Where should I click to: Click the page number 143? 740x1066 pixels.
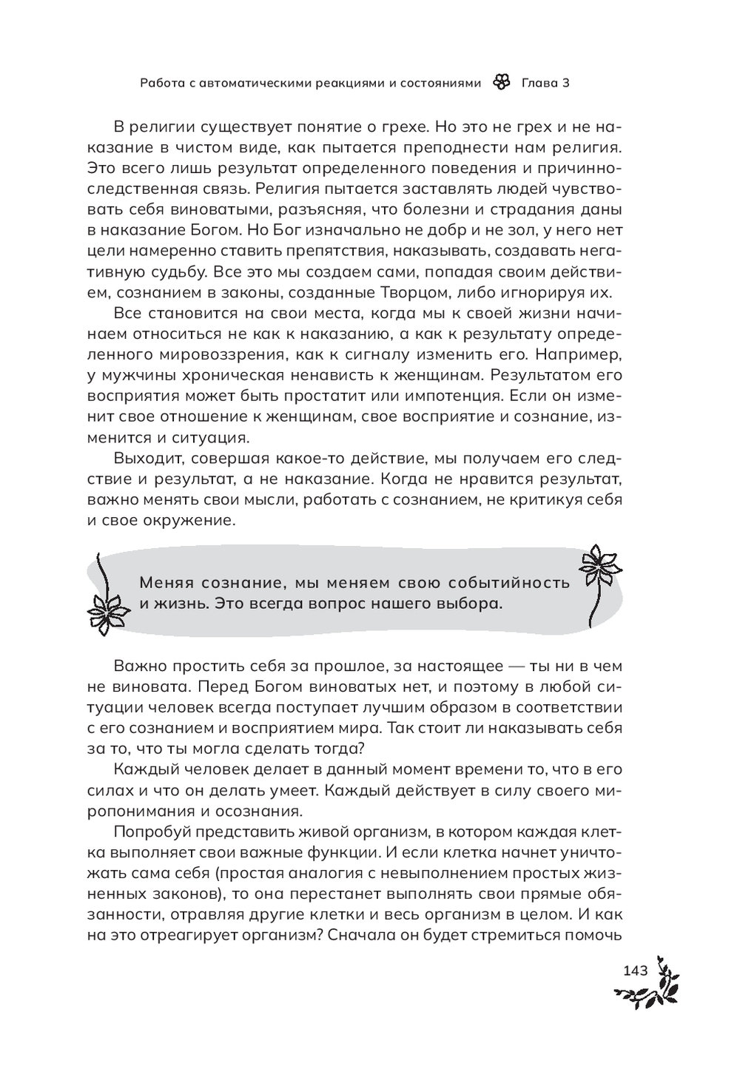636,970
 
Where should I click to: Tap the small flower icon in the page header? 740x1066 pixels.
501,83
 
